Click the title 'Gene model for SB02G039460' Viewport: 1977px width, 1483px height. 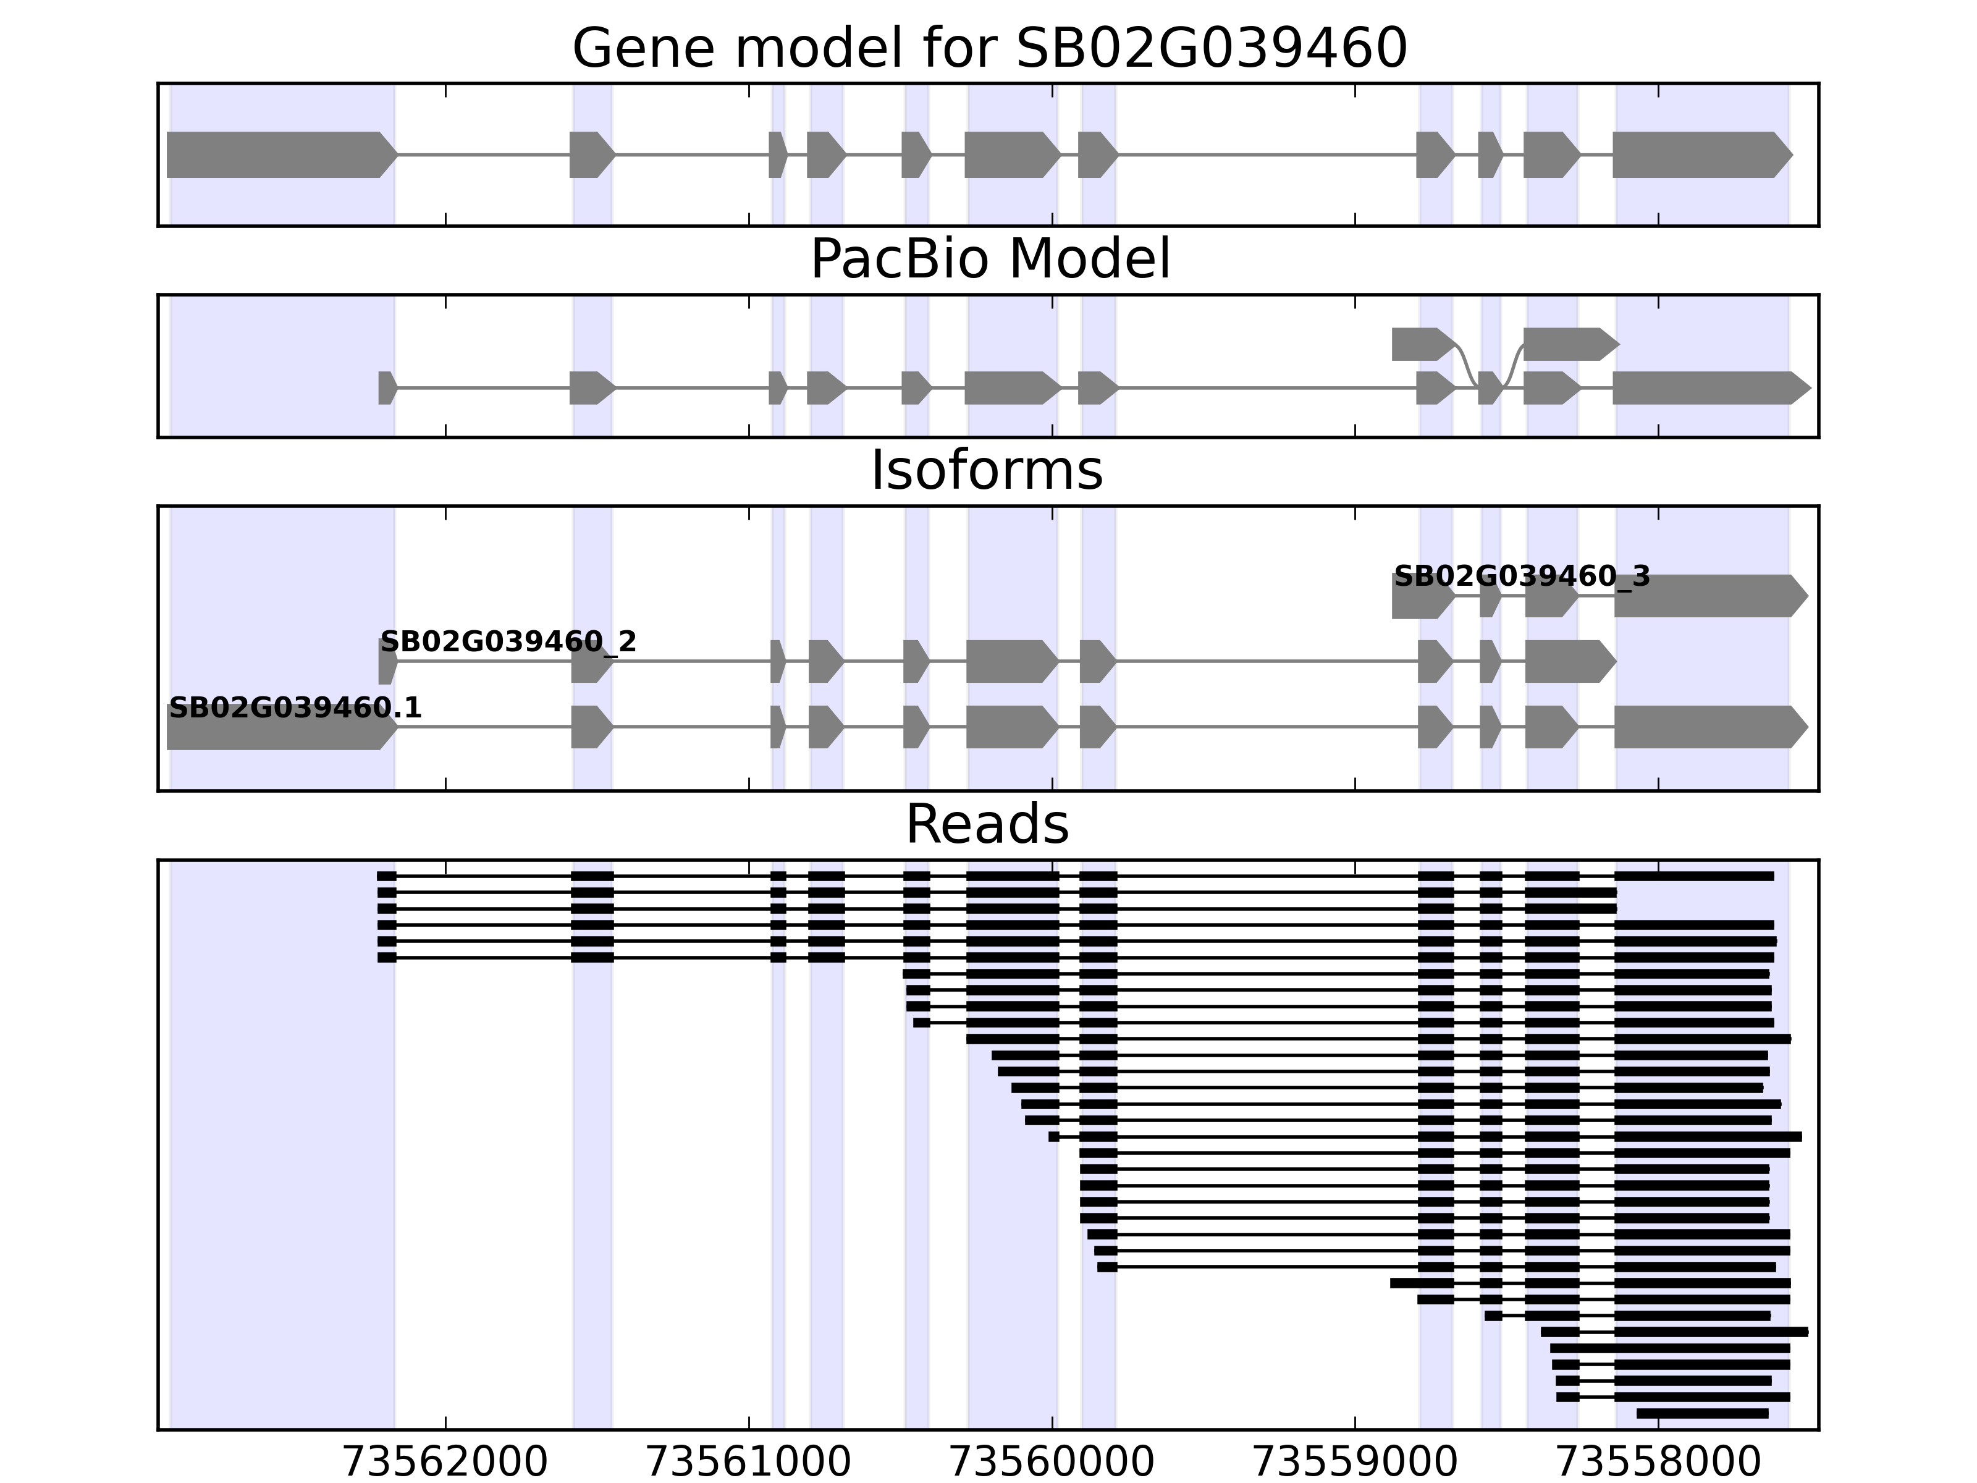(x=988, y=48)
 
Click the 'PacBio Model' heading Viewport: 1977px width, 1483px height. (x=988, y=260)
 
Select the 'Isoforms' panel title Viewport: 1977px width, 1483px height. (x=987, y=471)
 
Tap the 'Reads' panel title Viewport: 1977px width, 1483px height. (x=987, y=824)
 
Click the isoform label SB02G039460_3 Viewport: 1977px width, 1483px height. (x=1521, y=577)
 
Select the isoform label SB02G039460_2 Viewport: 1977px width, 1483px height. (x=508, y=642)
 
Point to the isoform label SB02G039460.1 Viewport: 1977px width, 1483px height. (x=295, y=709)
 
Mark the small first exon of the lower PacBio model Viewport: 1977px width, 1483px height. (x=386, y=388)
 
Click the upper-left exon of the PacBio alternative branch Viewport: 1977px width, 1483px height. (x=1421, y=344)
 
